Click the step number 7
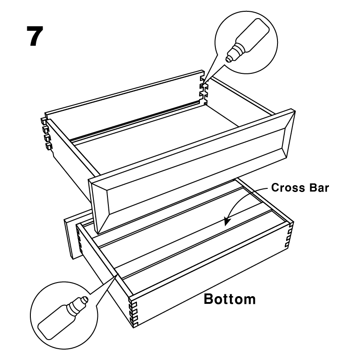[x=35, y=36]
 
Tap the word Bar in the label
[x=319, y=187]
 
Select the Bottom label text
[x=230, y=299]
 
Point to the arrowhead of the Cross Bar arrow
[x=227, y=222]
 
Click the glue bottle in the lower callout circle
[x=63, y=318]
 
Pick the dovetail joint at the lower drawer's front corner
[x=133, y=313]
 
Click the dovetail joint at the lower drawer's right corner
[x=289, y=235]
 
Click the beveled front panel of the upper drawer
[x=192, y=171]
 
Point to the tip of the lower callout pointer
[x=117, y=274]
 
